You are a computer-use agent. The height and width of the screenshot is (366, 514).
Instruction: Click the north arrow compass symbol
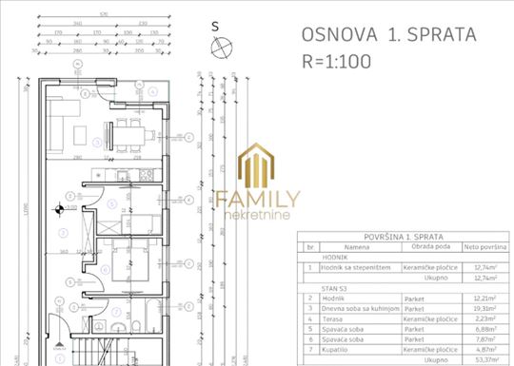pyautogui.click(x=221, y=46)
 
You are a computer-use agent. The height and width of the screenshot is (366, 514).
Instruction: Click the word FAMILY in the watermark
pyautogui.click(x=257, y=199)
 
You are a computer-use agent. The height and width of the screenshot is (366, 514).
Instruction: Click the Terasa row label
pyautogui.click(x=334, y=321)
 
